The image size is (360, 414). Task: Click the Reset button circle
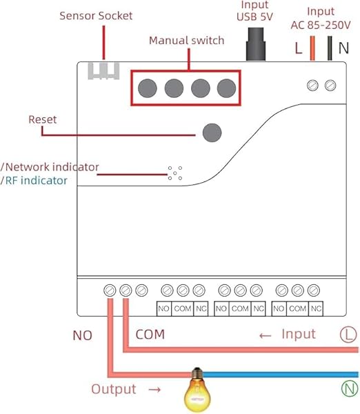click(x=212, y=132)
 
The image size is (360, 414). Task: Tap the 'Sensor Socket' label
click(x=96, y=16)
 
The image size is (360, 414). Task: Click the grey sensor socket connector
click(x=103, y=71)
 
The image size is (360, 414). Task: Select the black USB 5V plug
click(x=255, y=44)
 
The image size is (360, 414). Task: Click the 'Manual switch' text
click(x=187, y=41)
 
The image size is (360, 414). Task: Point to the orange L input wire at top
click(x=312, y=48)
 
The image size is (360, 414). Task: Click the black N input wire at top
click(x=330, y=48)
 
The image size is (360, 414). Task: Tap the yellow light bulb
click(x=197, y=390)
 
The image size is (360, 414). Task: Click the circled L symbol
click(x=348, y=335)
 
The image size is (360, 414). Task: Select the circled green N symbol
click(x=350, y=388)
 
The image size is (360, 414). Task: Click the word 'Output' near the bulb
click(x=114, y=389)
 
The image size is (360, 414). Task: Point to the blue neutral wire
click(x=280, y=375)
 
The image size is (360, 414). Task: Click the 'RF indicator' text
click(x=36, y=181)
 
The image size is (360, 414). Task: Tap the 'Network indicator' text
click(x=52, y=167)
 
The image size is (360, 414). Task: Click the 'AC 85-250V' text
click(x=321, y=25)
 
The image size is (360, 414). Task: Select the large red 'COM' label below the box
click(x=150, y=334)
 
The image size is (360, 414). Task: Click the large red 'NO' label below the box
click(x=82, y=335)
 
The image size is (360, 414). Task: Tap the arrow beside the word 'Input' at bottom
click(x=266, y=336)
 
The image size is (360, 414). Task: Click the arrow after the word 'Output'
click(x=154, y=389)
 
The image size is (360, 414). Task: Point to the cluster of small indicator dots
click(x=175, y=173)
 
